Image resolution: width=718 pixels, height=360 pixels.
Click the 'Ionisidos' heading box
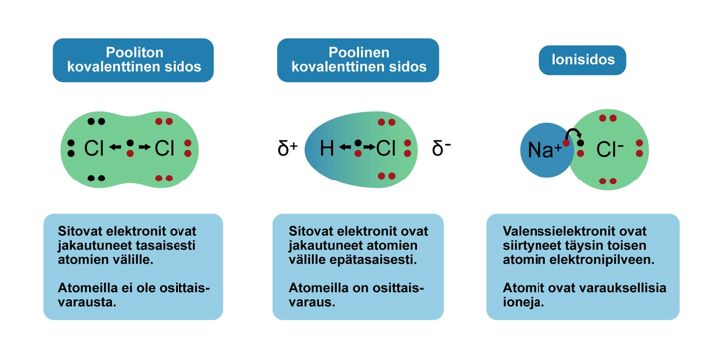(x=589, y=60)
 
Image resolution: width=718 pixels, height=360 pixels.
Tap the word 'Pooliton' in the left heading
(x=133, y=52)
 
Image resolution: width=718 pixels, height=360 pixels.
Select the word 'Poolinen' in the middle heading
(x=358, y=52)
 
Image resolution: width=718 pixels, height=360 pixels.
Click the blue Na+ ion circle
(x=544, y=151)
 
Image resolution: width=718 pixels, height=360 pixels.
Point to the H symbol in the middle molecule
(x=326, y=149)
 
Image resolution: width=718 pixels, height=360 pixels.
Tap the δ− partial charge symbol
(x=441, y=149)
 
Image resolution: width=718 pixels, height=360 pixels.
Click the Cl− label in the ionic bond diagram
(x=610, y=150)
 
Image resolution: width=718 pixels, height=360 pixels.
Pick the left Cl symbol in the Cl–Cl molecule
(x=94, y=149)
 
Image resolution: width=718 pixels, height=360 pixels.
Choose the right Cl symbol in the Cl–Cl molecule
(x=165, y=149)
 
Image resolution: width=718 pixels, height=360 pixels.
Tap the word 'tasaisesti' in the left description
(x=170, y=244)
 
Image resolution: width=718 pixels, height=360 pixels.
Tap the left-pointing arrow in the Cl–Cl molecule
(x=115, y=149)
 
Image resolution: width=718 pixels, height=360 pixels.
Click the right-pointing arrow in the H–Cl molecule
(x=367, y=149)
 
